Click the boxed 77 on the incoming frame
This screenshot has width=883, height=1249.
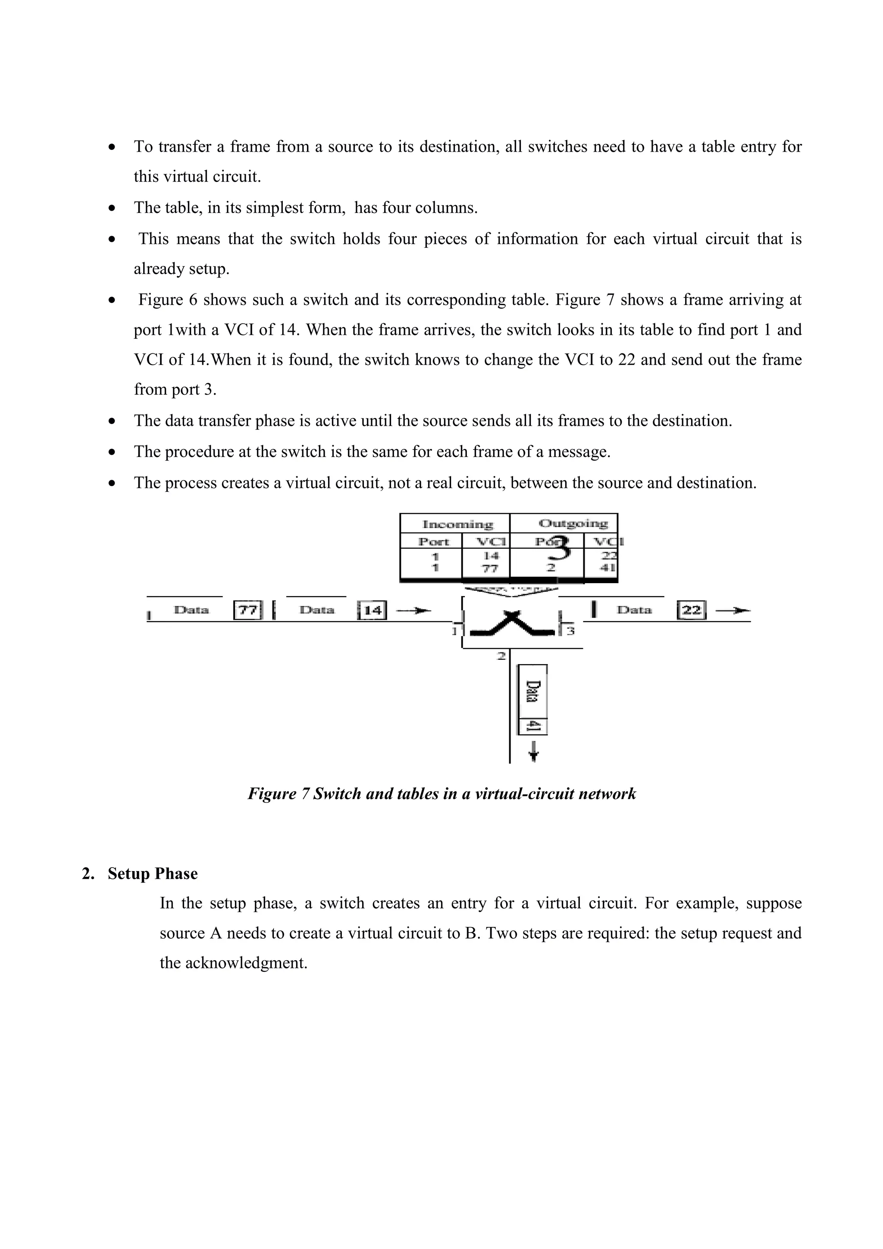[248, 610]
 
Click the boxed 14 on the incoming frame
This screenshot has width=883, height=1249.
[372, 610]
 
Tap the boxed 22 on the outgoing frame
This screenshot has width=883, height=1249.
[692, 610]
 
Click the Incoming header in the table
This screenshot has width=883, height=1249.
[457, 525]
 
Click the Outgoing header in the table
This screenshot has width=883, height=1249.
[573, 524]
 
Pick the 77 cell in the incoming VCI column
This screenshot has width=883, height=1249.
[490, 568]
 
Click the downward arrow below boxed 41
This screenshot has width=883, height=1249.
[534, 751]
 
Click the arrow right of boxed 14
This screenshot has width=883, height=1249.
[413, 611]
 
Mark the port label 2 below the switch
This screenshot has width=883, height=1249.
[501, 656]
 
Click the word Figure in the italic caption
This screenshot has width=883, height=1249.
[272, 794]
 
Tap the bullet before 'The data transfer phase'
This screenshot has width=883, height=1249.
[112, 421]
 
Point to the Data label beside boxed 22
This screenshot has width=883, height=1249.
[634, 610]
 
